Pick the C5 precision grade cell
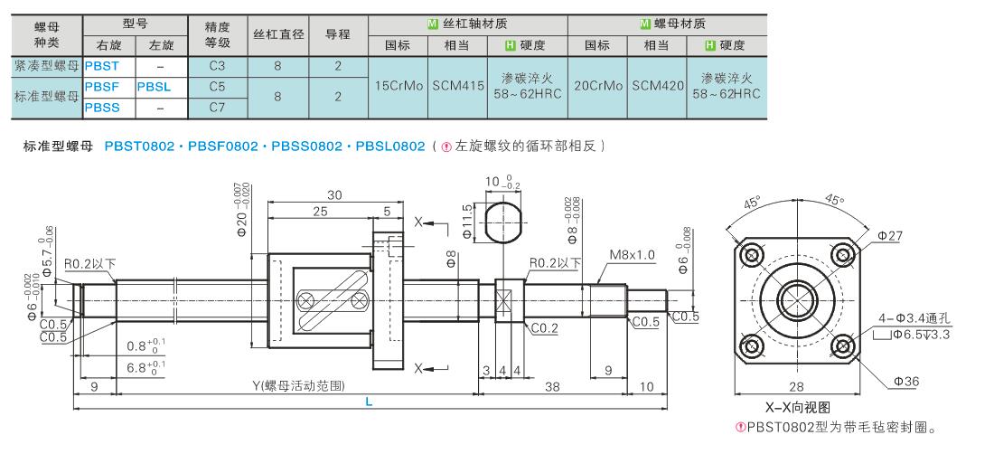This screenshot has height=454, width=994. (x=217, y=87)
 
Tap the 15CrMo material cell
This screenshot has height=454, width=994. (x=398, y=87)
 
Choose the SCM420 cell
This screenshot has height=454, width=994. (x=658, y=87)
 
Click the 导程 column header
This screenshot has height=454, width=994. (x=338, y=35)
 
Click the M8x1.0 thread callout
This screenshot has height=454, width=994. (x=632, y=255)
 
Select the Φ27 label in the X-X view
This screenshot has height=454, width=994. (x=889, y=236)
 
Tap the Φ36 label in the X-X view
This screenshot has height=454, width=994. (x=905, y=382)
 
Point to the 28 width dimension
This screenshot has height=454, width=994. (x=796, y=386)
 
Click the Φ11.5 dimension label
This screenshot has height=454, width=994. (x=468, y=222)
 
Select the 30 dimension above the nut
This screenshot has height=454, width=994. (x=334, y=195)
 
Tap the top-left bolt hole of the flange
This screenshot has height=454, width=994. (x=752, y=255)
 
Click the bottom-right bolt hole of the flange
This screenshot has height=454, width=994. (x=842, y=346)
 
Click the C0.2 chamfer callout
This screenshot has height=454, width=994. (x=544, y=327)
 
